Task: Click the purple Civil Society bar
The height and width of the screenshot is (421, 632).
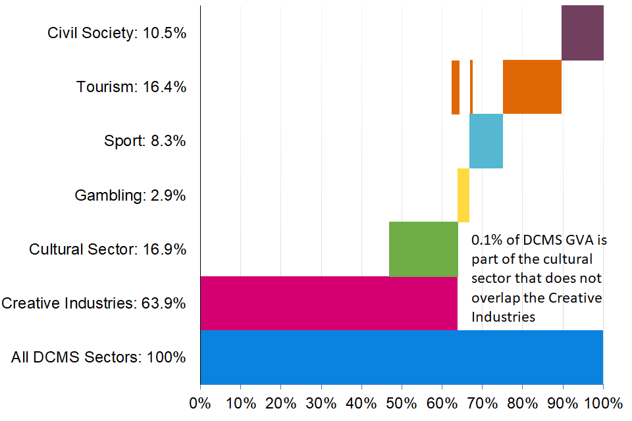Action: pyautogui.click(x=582, y=33)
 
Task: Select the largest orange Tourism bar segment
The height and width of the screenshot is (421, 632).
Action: pyautogui.click(x=532, y=87)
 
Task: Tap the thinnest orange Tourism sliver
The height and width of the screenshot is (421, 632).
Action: pyautogui.click(x=471, y=87)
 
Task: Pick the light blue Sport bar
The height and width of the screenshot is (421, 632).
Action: pyautogui.click(x=486, y=141)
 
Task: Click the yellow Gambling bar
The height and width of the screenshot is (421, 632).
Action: pyautogui.click(x=463, y=195)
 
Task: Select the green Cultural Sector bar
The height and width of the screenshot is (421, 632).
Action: pyautogui.click(x=423, y=249)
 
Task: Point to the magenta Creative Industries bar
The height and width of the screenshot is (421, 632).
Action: pyautogui.click(x=329, y=303)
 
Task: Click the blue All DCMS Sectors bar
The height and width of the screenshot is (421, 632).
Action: pyautogui.click(x=402, y=357)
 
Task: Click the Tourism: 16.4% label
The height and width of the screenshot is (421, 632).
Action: pyautogui.click(x=131, y=87)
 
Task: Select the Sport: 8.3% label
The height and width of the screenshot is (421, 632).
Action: pyautogui.click(x=145, y=141)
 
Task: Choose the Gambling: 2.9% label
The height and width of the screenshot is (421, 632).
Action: pyautogui.click(x=130, y=195)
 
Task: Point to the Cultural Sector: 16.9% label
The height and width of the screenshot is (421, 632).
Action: pyautogui.click(x=107, y=249)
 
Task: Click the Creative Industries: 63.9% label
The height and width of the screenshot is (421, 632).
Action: pyautogui.click(x=94, y=303)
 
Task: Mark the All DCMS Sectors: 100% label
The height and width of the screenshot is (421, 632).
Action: pyautogui.click(x=99, y=358)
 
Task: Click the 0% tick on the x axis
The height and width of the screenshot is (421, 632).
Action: pyautogui.click(x=200, y=403)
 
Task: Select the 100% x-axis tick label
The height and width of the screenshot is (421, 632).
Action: pyautogui.click(x=603, y=403)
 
